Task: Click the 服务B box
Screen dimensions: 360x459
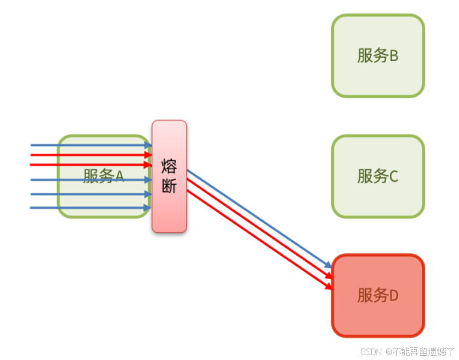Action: point(378,55)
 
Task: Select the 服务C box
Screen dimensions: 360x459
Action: point(378,176)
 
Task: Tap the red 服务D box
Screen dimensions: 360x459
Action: point(378,295)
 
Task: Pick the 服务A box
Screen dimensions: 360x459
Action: point(104,176)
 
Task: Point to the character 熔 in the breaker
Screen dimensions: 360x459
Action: point(169,166)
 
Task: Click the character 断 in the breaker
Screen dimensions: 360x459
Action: point(169,186)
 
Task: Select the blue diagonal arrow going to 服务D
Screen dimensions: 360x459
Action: point(259,219)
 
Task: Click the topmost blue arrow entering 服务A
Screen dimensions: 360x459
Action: point(90,145)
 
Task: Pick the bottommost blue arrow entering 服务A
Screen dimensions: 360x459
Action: point(90,207)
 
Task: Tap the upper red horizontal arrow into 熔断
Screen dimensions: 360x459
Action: point(90,155)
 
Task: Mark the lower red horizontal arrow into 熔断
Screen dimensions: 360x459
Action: point(90,164)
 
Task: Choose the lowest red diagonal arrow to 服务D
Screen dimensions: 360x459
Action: point(259,240)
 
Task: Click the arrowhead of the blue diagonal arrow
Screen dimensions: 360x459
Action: point(328,265)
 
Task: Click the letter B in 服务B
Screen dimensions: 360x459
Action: point(394,56)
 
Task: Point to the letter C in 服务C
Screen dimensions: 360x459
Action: point(394,177)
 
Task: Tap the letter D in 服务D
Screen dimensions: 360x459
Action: point(394,296)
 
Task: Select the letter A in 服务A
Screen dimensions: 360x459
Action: point(119,176)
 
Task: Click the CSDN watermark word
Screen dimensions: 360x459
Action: point(372,351)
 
